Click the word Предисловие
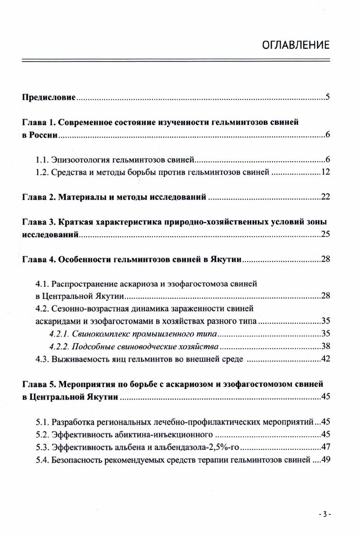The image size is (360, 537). pyautogui.click(x=49, y=98)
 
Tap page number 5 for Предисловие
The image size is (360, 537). pyautogui.click(x=327, y=98)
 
